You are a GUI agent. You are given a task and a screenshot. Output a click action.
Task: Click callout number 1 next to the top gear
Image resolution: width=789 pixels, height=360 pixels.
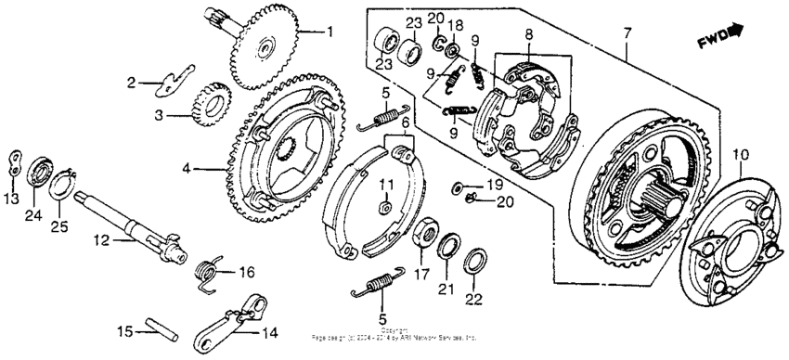[327, 32]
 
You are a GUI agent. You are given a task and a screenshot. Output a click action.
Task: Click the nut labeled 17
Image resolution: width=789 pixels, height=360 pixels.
[426, 232]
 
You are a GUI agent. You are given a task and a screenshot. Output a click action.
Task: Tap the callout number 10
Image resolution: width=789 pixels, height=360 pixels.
[740, 153]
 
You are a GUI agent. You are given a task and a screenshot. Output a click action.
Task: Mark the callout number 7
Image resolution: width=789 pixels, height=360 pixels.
[627, 34]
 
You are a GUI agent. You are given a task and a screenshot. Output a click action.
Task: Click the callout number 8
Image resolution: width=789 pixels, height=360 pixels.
[529, 33]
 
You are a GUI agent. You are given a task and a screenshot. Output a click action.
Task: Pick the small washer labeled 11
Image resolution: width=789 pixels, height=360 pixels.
[387, 204]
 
